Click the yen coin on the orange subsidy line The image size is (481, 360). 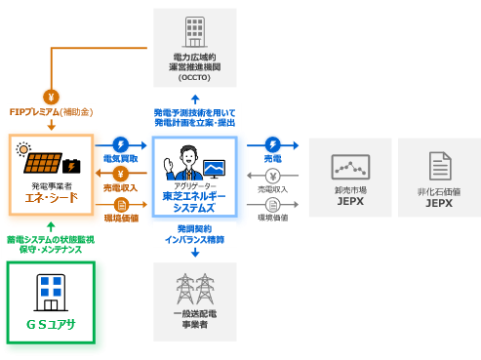pos(50,96)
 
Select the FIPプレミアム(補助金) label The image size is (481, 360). pos(49,113)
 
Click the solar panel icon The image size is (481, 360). pos(47,164)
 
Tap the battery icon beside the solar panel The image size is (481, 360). pos(72,166)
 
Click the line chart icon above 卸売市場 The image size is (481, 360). pos(350,166)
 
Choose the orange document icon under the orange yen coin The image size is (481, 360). pos(122,206)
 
